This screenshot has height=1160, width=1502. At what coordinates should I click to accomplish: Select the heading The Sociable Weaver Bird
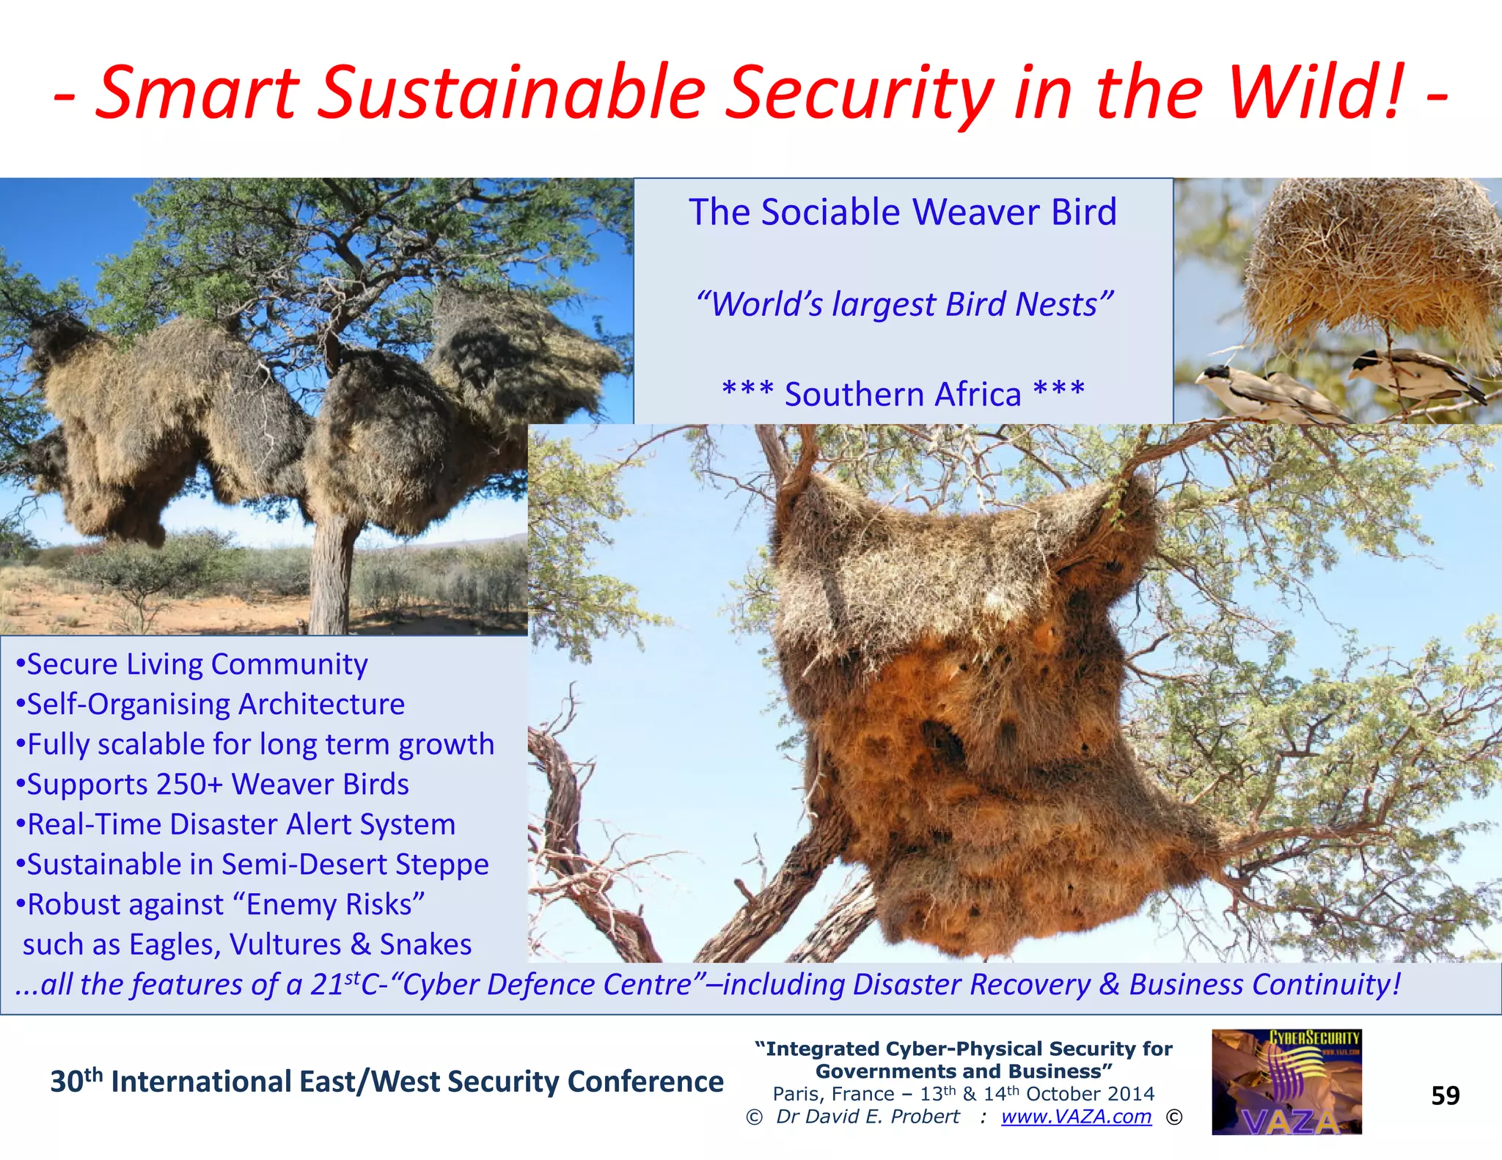coord(902,213)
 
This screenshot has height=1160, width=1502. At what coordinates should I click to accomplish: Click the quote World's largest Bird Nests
coord(904,304)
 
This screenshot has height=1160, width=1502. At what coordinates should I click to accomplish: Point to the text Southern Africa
coord(903,394)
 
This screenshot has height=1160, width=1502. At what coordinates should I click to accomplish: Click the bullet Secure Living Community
coord(192,664)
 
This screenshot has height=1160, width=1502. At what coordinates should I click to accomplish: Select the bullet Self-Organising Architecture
coord(210,705)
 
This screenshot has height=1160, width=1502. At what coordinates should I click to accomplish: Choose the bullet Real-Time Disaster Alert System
coord(236,825)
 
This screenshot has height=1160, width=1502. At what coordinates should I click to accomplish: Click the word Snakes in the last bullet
coord(425,945)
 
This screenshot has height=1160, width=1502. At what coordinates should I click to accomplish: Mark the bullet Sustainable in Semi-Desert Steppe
coord(252,865)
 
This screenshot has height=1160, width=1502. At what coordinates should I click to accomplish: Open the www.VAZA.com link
coord(1076,1117)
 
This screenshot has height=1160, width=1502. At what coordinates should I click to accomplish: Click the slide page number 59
coord(1445,1095)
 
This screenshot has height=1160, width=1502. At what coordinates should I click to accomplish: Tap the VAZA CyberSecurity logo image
coord(1286,1082)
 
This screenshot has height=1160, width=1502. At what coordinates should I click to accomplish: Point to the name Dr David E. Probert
coord(868,1117)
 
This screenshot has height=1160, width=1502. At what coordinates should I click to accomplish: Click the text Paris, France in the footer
coord(833,1094)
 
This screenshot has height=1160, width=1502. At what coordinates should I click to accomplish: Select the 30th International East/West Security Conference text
coord(387,1082)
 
